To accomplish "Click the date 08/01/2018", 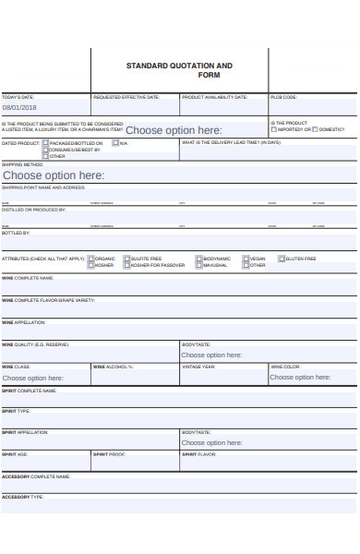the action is click(x=18, y=107).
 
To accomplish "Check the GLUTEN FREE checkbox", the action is click(x=278, y=259).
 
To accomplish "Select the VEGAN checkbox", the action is click(x=245, y=259).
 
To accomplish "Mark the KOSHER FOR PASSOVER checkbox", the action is click(x=126, y=266).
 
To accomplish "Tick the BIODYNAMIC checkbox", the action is click(x=198, y=259).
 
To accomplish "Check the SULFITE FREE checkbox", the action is click(x=126, y=259).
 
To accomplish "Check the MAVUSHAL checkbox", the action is click(x=198, y=266).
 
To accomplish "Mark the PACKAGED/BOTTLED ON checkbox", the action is click(x=45, y=143).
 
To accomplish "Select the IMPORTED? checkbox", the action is click(x=274, y=130).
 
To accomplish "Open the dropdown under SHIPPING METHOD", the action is click(x=54, y=175).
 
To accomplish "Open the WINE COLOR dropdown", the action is click(x=300, y=378).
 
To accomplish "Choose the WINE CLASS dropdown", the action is click(x=33, y=378).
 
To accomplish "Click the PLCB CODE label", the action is click(x=283, y=97).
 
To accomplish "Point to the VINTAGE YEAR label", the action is click(x=198, y=367).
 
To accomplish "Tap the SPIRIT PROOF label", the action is click(x=109, y=454).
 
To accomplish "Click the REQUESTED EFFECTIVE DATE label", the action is click(x=126, y=97).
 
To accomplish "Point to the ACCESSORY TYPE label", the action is click(x=22, y=497).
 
